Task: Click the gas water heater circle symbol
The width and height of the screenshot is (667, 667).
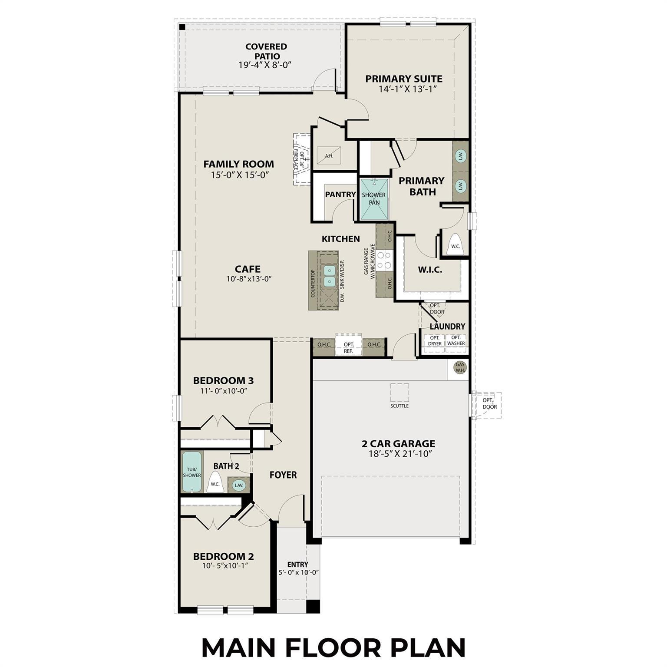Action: click(460, 368)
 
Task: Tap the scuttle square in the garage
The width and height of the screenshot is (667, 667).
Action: click(400, 393)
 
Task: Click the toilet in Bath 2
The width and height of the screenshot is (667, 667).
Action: click(215, 483)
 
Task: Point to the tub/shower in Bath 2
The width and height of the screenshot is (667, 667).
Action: click(192, 472)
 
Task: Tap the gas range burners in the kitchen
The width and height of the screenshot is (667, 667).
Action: click(384, 260)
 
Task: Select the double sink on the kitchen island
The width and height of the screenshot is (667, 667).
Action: click(330, 276)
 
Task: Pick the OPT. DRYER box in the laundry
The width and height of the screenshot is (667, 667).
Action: click(435, 340)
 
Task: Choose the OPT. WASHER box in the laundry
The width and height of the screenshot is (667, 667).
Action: click(456, 340)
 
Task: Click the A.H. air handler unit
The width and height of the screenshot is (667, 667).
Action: click(329, 155)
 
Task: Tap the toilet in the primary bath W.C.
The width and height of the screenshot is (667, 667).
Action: click(455, 244)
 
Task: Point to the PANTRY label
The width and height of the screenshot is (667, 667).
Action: click(340, 194)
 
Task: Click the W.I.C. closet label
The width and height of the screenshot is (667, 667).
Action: click(430, 270)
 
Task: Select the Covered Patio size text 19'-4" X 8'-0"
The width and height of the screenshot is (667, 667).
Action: click(264, 65)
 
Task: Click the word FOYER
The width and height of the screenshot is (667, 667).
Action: click(283, 475)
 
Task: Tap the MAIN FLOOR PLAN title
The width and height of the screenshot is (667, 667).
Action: click(333, 647)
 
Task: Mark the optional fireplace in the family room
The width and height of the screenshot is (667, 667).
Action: click(302, 159)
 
